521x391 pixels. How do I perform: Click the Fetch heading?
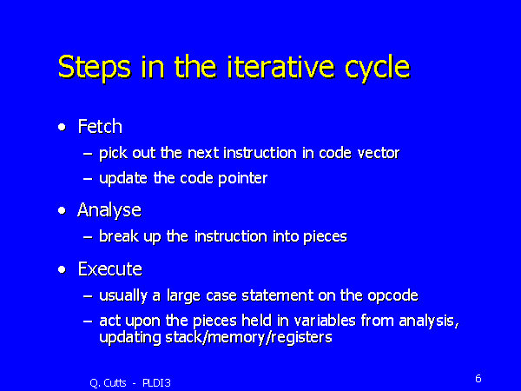point(100,127)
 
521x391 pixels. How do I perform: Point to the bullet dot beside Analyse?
point(62,210)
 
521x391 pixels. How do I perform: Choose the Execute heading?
point(109,269)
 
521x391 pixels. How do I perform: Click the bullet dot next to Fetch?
point(62,128)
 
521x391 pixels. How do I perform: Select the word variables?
point(308,322)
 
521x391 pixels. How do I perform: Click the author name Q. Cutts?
point(109,381)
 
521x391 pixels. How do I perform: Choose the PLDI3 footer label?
point(157,381)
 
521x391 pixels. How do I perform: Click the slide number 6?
point(478,378)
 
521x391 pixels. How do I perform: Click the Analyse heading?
point(109,210)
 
